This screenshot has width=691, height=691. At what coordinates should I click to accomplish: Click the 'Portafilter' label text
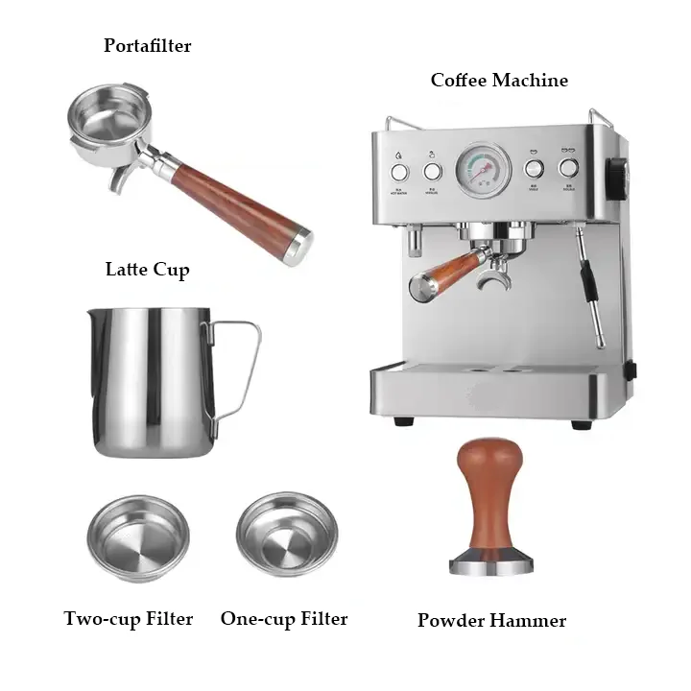coord(147,45)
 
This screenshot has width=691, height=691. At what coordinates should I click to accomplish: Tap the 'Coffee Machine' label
coord(498,81)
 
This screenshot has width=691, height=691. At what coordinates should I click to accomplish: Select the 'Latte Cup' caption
coord(147,269)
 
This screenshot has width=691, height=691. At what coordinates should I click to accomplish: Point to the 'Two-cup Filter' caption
coord(129,619)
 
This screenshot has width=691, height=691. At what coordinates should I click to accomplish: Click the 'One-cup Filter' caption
coord(284,619)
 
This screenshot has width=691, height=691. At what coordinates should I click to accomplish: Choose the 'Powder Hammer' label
coord(491,621)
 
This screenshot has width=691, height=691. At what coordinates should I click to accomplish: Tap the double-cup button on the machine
coord(568,169)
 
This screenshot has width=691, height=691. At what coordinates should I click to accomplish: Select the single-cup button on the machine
coord(534,169)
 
